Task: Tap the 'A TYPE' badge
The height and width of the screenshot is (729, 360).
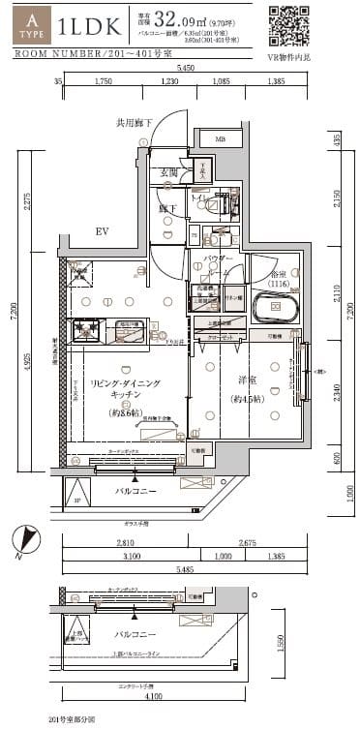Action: pos(32,24)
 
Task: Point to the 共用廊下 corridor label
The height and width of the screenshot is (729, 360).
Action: pos(135,124)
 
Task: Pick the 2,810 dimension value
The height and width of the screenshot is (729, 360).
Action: pos(125,545)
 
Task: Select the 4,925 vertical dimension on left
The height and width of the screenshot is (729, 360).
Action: pos(28,381)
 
